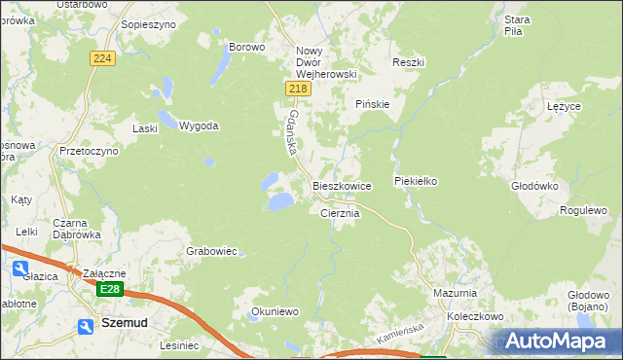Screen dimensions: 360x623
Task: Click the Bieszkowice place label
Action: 342,185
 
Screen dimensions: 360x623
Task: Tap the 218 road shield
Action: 299,89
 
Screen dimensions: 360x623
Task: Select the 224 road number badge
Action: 103,58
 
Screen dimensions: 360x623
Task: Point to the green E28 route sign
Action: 111,289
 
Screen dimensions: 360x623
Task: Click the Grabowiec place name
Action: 212,251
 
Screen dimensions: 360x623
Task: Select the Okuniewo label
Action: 274,311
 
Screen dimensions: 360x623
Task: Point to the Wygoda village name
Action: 199,126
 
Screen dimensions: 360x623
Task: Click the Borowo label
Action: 246,47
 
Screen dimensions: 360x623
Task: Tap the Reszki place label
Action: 409,62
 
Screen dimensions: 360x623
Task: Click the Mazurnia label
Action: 455,292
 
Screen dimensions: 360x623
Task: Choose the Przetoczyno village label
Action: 89,152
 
